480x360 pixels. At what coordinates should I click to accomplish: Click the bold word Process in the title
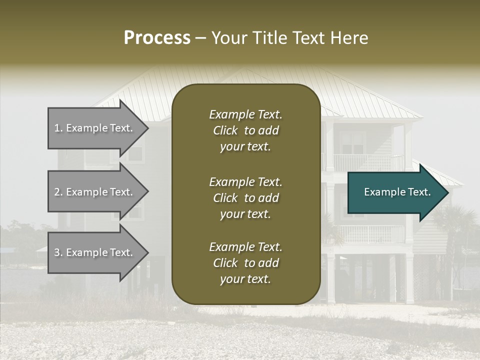157,38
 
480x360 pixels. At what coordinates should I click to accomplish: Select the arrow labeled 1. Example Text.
95,128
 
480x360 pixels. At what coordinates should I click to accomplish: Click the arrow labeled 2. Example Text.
95,192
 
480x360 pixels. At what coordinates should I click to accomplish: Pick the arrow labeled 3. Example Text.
95,252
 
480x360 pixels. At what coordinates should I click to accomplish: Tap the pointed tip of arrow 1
147,128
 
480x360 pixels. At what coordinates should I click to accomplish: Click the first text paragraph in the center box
245,130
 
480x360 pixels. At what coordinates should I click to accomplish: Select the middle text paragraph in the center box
245,198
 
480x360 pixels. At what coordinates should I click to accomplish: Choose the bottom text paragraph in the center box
245,263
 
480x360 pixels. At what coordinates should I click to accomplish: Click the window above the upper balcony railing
352,142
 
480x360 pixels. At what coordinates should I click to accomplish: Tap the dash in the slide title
201,38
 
